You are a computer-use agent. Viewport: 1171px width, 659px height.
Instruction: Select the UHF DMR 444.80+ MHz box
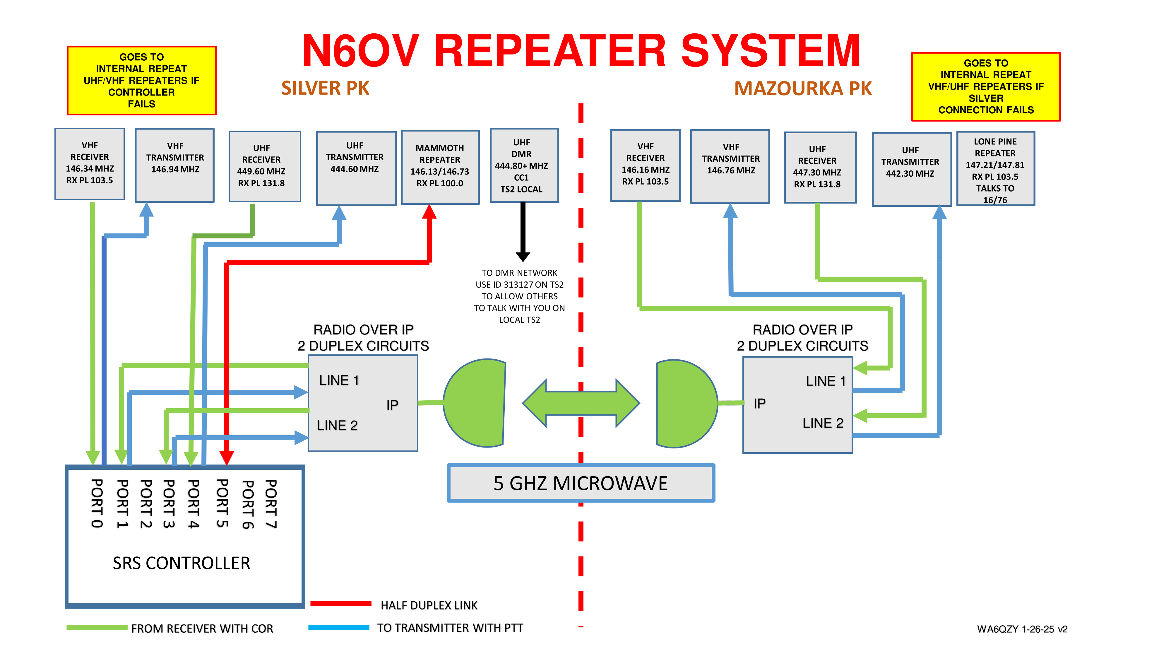click(524, 165)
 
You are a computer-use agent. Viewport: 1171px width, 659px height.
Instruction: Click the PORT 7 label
click(271, 503)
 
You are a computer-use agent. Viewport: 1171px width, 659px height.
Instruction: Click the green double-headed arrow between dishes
click(581, 403)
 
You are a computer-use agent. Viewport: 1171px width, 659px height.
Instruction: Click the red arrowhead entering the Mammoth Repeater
click(429, 212)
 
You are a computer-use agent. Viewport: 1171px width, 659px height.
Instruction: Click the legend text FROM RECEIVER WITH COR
click(202, 629)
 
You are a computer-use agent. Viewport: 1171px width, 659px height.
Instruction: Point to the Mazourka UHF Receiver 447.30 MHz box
click(820, 167)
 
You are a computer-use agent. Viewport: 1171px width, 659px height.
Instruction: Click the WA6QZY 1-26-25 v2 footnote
click(1022, 629)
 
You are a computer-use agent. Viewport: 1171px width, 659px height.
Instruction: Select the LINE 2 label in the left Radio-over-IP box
click(337, 425)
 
